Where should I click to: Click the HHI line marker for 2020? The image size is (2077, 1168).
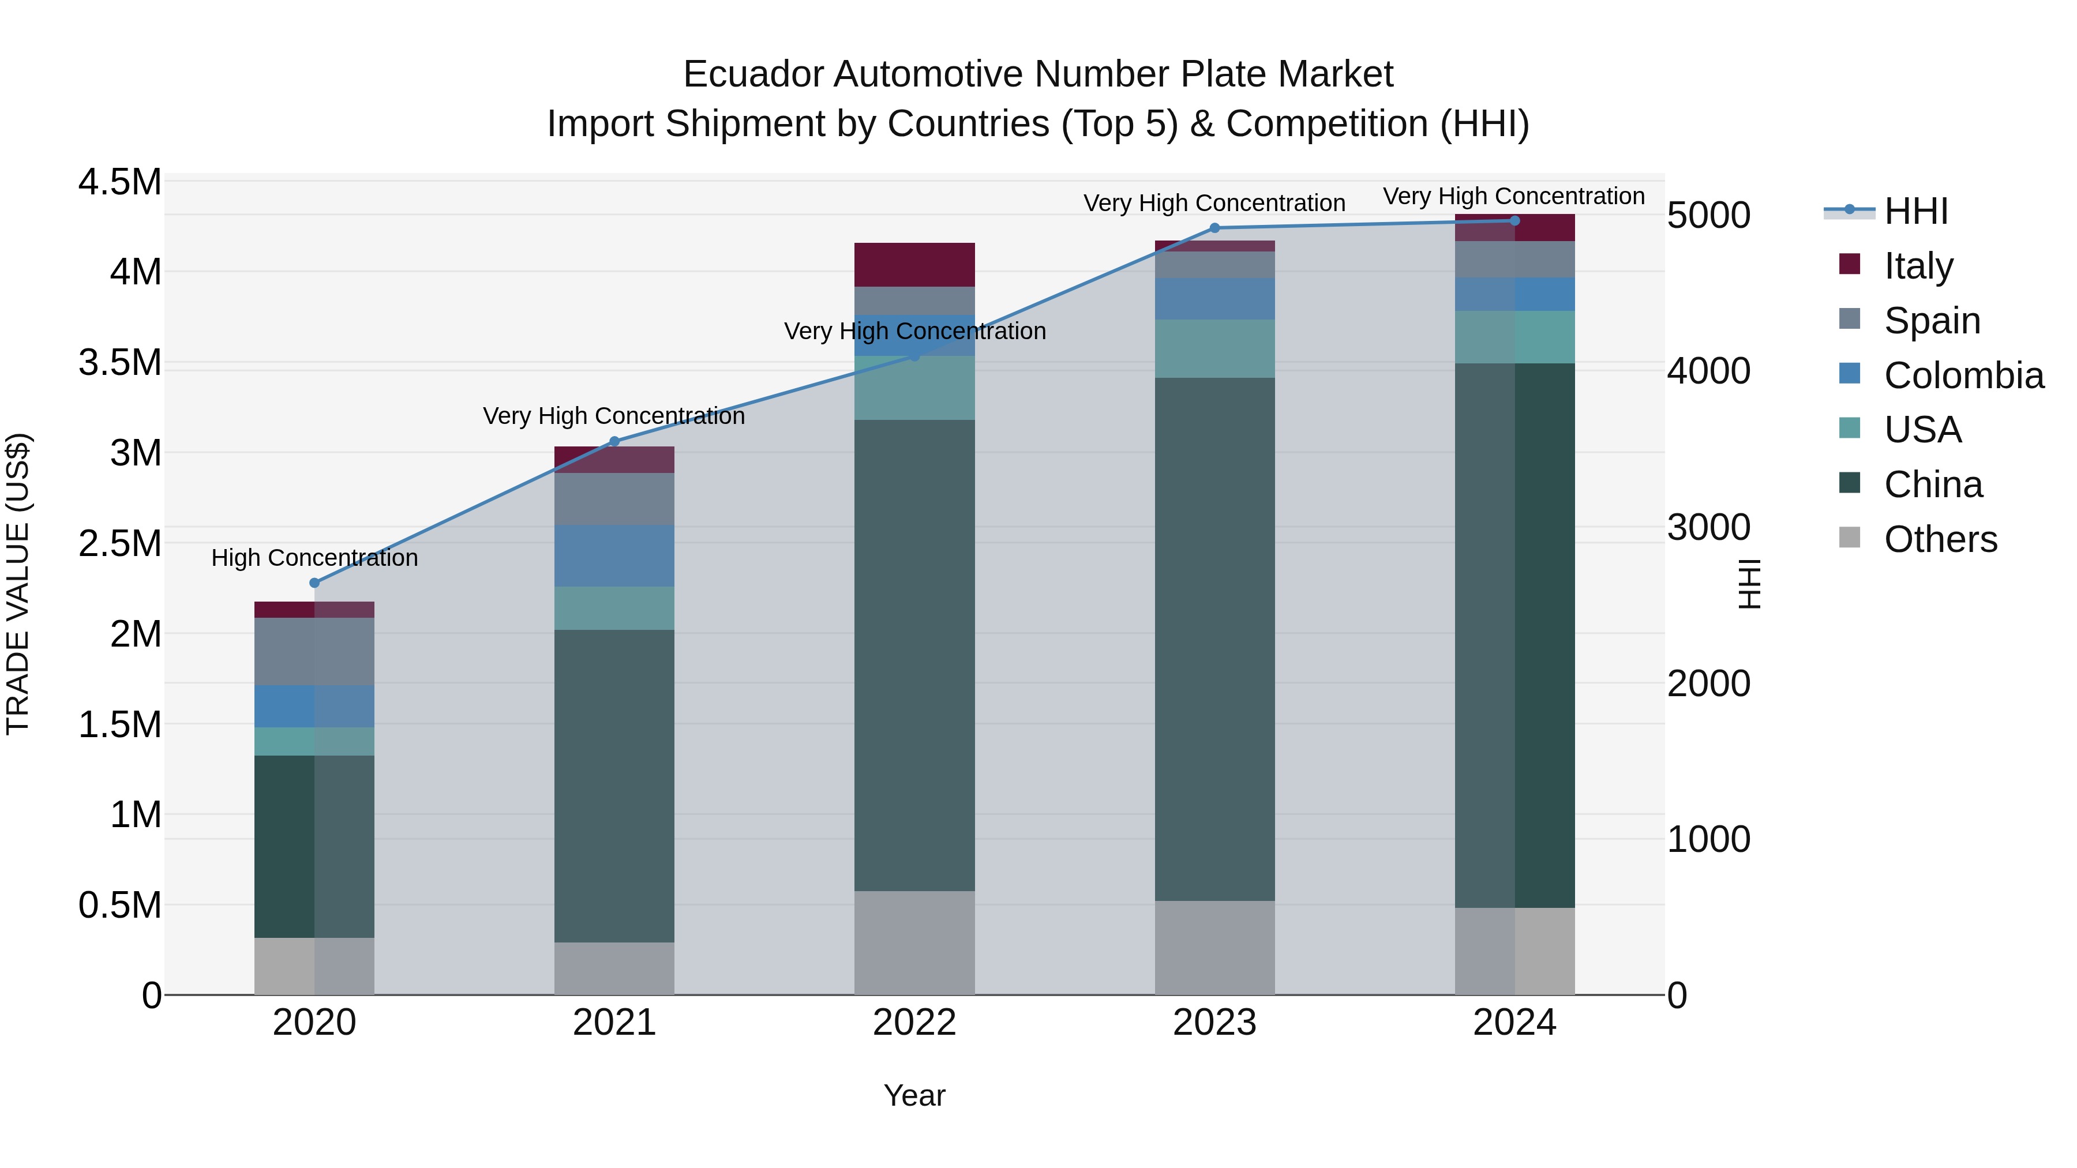tap(314, 583)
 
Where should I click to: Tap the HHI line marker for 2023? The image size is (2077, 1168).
tap(1215, 228)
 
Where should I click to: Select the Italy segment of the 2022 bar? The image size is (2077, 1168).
tap(914, 264)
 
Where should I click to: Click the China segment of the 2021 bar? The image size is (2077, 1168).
tap(614, 786)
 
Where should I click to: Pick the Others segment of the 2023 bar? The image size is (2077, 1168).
tap(1215, 947)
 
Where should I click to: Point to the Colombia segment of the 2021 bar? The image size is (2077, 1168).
tap(614, 555)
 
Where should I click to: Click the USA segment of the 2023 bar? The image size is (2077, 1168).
tap(1215, 348)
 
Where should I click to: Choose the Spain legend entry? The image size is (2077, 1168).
tap(1932, 321)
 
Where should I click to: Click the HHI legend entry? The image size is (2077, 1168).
tap(1915, 211)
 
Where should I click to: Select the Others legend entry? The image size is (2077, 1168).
tap(1940, 539)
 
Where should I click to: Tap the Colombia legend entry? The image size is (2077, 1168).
tap(1963, 375)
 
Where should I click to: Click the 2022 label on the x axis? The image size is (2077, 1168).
tap(914, 1023)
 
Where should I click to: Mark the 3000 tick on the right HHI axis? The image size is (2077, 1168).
tap(1708, 527)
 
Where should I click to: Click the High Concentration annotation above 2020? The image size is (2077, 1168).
tap(314, 558)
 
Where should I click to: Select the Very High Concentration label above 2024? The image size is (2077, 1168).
tap(1513, 196)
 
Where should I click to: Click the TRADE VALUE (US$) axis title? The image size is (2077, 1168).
tap(18, 584)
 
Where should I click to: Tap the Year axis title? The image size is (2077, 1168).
tap(914, 1095)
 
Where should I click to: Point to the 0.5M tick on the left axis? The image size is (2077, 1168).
tap(119, 905)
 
